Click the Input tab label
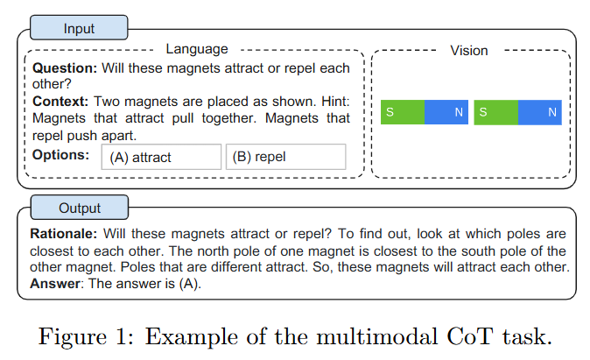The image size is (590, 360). point(79,28)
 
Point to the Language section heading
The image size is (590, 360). point(196,49)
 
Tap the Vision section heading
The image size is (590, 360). point(469,50)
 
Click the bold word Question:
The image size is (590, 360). point(65,67)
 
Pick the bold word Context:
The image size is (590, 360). point(60,102)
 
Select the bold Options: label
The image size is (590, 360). point(60,154)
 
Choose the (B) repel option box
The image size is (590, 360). point(285,158)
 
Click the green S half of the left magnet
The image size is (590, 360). point(403,112)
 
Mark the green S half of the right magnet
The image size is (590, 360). point(495,112)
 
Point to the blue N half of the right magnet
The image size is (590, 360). point(539,112)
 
